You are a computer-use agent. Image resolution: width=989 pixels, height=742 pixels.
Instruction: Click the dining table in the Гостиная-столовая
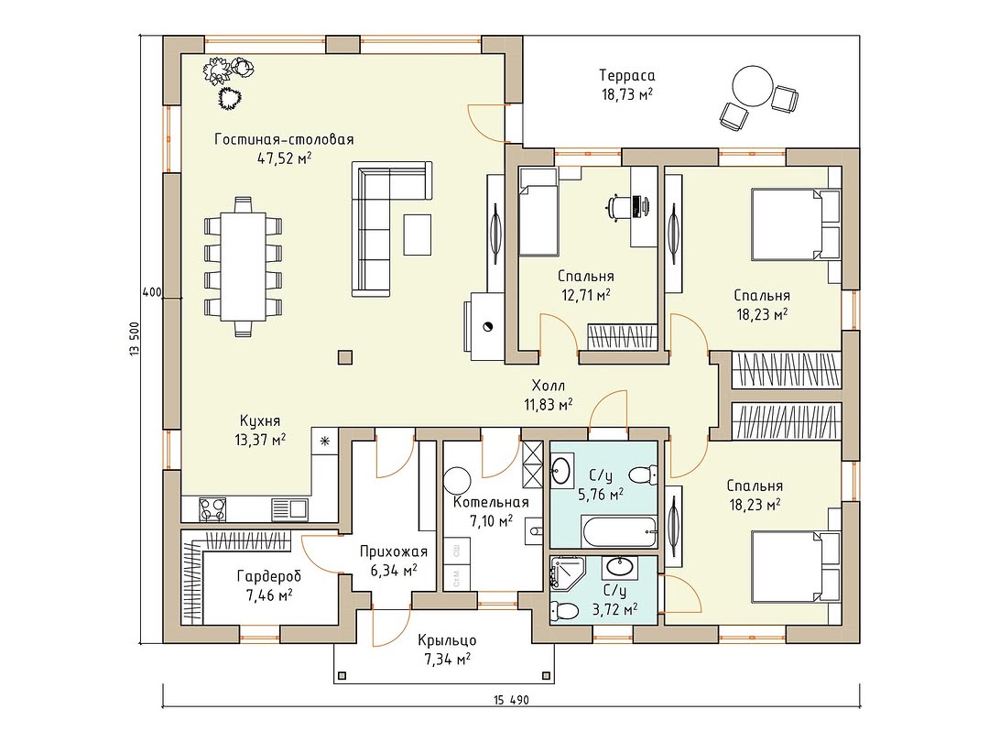(x=243, y=267)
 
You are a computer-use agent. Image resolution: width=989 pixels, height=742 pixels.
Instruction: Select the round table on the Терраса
(x=753, y=86)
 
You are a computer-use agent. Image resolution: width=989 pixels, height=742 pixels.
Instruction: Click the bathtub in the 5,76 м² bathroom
(x=620, y=532)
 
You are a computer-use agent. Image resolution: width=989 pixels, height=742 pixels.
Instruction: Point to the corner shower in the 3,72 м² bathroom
(x=564, y=573)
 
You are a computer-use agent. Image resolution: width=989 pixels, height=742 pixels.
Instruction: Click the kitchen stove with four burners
(x=212, y=509)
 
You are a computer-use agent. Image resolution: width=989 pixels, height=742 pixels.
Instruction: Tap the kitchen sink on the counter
(x=289, y=508)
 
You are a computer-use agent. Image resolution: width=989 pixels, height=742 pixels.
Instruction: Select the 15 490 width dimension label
(x=512, y=700)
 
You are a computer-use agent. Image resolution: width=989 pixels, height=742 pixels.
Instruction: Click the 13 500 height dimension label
(x=135, y=341)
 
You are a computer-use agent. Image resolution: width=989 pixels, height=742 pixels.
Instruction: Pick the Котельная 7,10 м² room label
(x=491, y=512)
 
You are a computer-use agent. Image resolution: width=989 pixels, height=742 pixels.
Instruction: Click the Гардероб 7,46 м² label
(x=268, y=584)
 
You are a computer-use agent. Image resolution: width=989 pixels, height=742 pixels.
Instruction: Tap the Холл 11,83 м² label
(x=549, y=395)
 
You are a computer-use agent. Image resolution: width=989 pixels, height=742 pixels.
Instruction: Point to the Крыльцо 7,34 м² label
(x=447, y=649)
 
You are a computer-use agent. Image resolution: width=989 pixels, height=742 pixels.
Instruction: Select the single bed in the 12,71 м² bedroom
(x=538, y=212)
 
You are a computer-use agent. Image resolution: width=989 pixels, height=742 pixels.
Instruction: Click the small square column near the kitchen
(x=344, y=358)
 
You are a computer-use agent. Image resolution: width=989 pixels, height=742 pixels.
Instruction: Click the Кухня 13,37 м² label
(x=260, y=431)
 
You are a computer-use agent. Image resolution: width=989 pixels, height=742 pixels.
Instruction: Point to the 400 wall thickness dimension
(x=151, y=293)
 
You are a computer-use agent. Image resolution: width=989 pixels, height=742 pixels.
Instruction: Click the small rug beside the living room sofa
(x=418, y=235)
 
